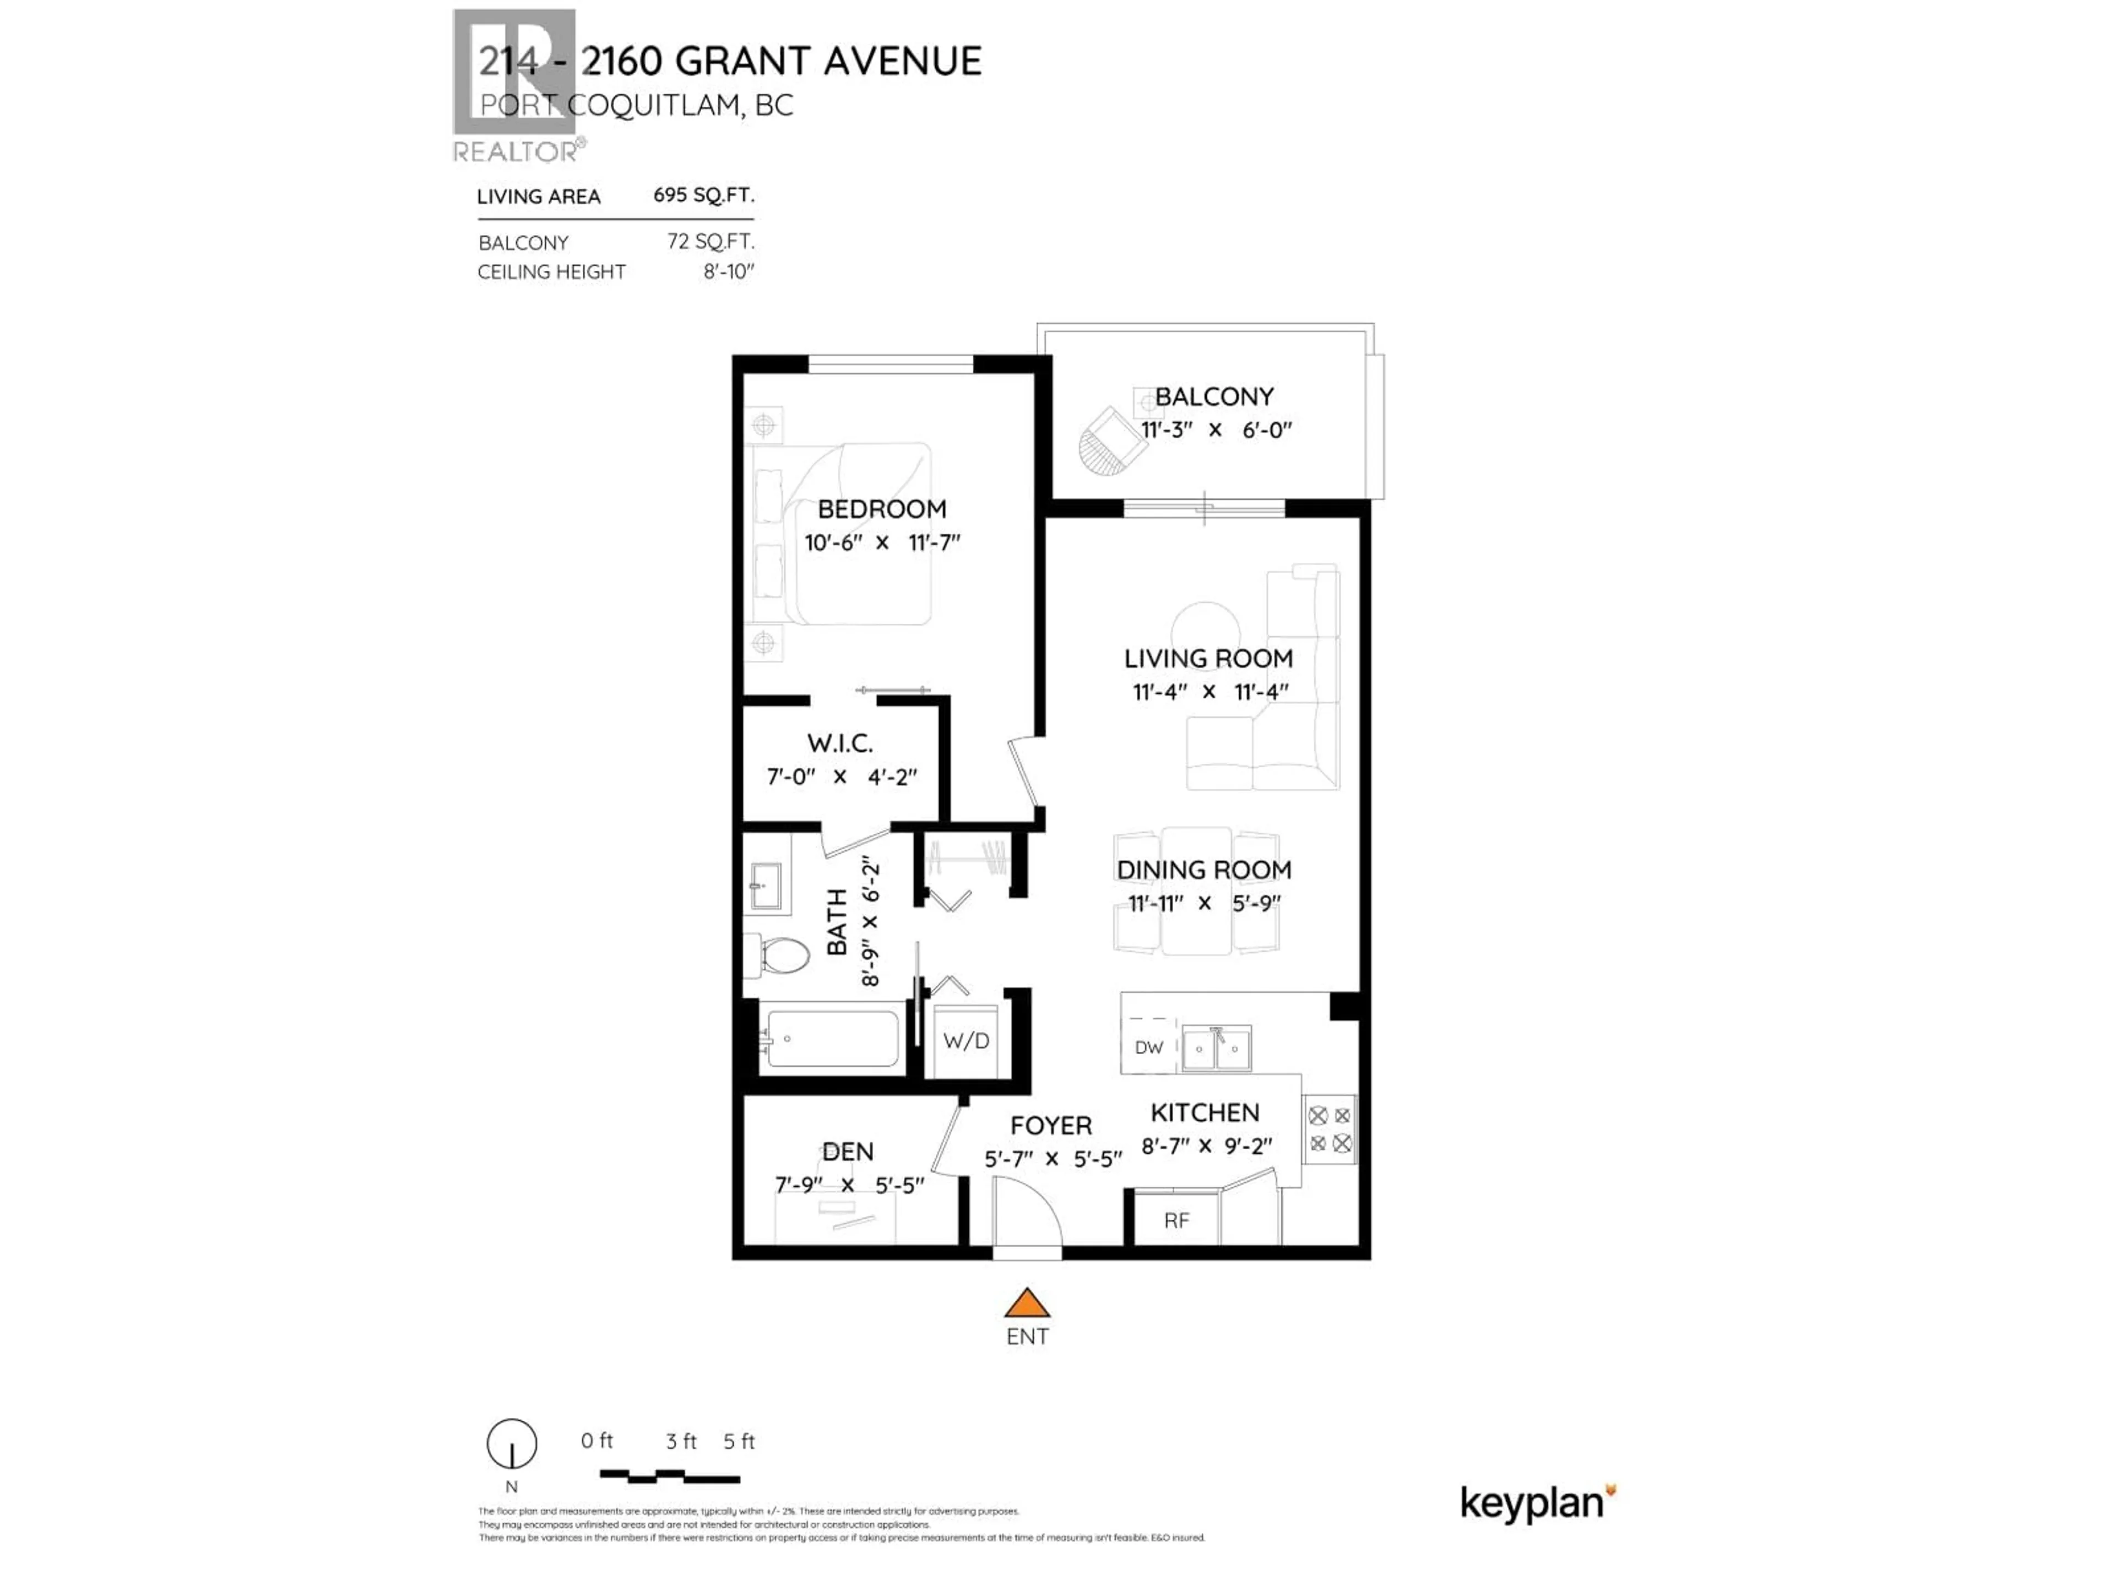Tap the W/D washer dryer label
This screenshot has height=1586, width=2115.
click(966, 1041)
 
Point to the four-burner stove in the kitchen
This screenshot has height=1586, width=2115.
click(1329, 1129)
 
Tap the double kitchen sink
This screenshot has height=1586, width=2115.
click(1216, 1049)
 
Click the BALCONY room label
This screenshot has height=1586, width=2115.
click(1213, 397)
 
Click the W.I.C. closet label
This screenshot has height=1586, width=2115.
click(839, 743)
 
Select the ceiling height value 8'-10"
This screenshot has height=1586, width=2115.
click(729, 271)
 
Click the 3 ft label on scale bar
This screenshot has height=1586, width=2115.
click(681, 1441)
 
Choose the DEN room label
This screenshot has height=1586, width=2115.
click(847, 1152)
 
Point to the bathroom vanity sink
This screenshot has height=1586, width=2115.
click(766, 886)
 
